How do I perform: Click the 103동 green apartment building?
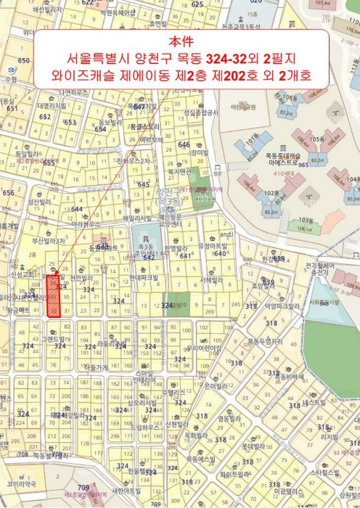tap(305, 220)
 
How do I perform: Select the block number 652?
tap(45, 116)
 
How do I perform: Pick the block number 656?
tap(8, 193)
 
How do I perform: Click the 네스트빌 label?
tap(315, 401)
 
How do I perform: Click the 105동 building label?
tap(316, 139)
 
